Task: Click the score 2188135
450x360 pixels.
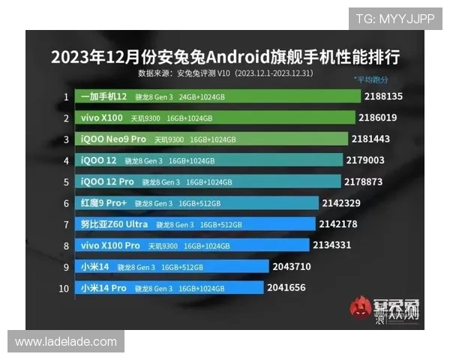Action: pyautogui.click(x=383, y=97)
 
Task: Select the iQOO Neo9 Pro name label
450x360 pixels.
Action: pyautogui.click(x=113, y=139)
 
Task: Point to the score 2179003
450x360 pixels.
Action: pyautogui.click(x=365, y=160)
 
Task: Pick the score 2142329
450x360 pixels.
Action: pyautogui.click(x=341, y=202)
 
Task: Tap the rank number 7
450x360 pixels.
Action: pyautogui.click(x=66, y=224)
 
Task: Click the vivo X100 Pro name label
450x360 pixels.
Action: pyautogui.click(x=109, y=245)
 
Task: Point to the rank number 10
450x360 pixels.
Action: pyautogui.click(x=66, y=287)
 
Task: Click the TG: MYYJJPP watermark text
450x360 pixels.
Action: pyautogui.click(x=394, y=18)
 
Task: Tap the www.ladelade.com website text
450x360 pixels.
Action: pyautogui.click(x=66, y=342)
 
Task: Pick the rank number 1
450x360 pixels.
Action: pyautogui.click(x=66, y=97)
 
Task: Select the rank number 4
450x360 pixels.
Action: pyautogui.click(x=66, y=160)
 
